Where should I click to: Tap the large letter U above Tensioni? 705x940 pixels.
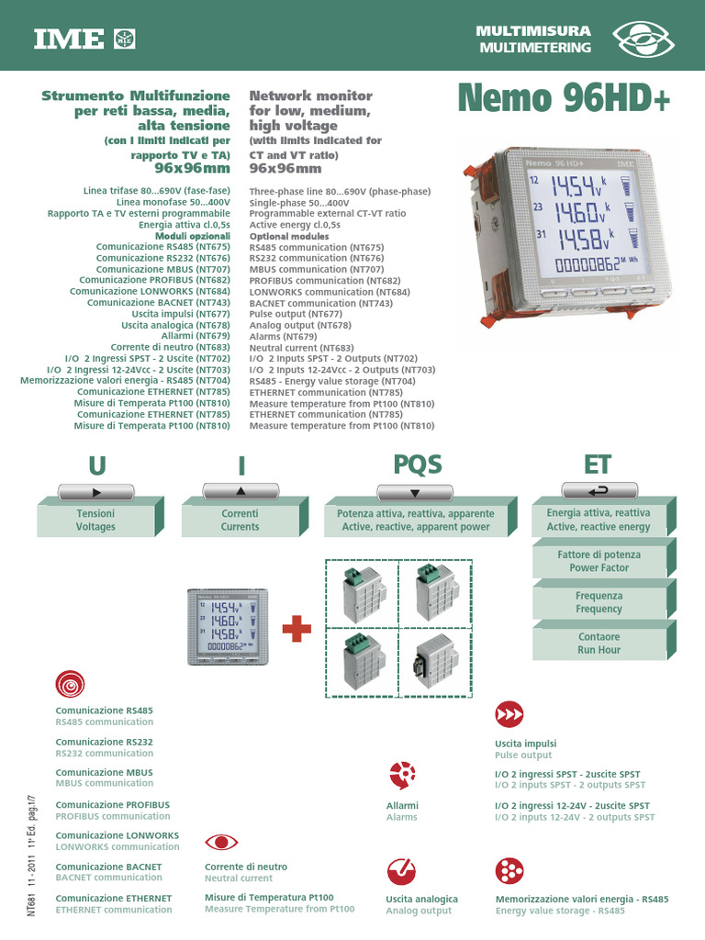click(x=96, y=465)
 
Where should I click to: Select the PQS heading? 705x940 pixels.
click(x=417, y=464)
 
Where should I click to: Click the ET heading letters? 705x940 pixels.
click(x=598, y=464)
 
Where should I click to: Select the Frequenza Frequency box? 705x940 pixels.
click(x=599, y=602)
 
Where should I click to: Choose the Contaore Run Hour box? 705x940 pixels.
click(x=599, y=643)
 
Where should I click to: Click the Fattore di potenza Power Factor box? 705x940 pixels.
click(x=599, y=561)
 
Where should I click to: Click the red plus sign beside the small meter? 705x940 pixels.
click(x=296, y=631)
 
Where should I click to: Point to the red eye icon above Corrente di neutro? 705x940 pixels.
click(x=221, y=842)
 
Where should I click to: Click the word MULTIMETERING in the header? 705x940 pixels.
click(x=535, y=48)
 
